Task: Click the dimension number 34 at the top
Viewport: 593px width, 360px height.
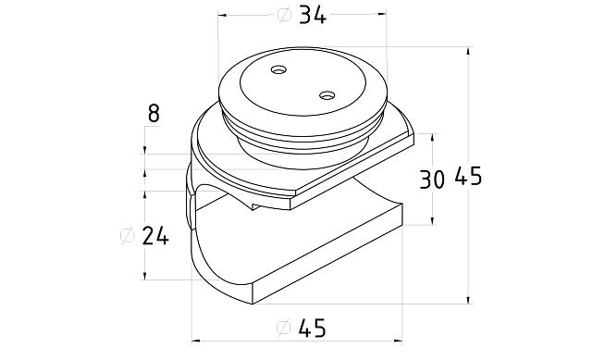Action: (x=313, y=17)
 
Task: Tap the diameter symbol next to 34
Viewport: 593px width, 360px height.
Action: (x=284, y=16)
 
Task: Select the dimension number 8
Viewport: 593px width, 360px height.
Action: (x=154, y=114)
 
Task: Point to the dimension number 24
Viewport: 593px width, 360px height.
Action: (x=155, y=236)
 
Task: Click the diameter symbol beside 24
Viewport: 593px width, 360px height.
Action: (x=127, y=236)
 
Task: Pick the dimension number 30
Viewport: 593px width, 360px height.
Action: (x=432, y=180)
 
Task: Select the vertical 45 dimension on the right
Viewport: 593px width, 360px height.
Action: (x=468, y=176)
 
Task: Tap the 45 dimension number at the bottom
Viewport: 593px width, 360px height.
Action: (x=312, y=329)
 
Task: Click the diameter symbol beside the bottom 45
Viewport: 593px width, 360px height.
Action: (x=283, y=328)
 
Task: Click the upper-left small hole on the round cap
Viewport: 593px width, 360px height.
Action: (x=278, y=70)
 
